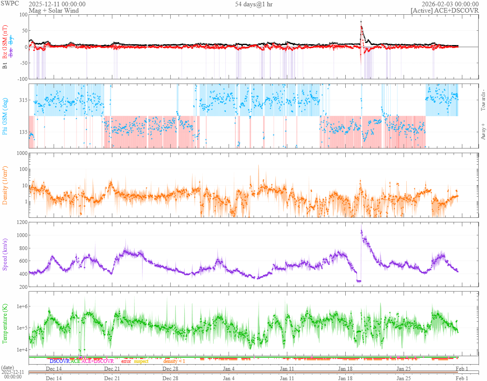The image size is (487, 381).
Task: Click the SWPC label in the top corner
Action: point(10,4)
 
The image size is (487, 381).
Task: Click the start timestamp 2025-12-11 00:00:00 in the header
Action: point(57,4)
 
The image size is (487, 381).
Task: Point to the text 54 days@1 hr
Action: point(254,4)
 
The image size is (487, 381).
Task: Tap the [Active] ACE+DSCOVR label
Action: point(445,11)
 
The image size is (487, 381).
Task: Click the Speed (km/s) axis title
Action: point(5,254)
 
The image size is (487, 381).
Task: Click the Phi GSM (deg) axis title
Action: point(5,116)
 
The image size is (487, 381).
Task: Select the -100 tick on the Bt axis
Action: point(20,79)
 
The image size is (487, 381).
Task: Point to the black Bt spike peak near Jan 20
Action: point(361,21)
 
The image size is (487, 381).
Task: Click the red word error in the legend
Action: point(126,361)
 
